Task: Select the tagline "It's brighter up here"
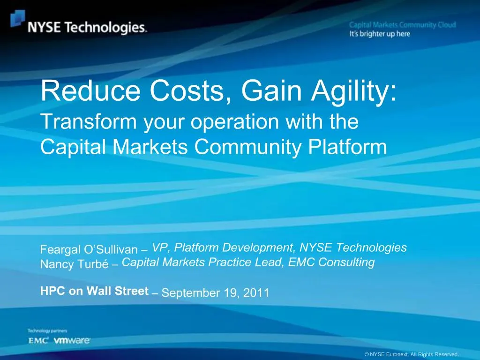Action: point(380,34)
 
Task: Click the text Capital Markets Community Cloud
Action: point(402,25)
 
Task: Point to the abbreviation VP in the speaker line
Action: point(160,247)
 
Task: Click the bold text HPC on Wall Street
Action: point(94,291)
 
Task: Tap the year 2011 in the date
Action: point(256,293)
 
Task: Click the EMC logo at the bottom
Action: point(38,341)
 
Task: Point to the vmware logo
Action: point(72,341)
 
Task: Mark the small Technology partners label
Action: point(47,331)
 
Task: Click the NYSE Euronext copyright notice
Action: point(411,354)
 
